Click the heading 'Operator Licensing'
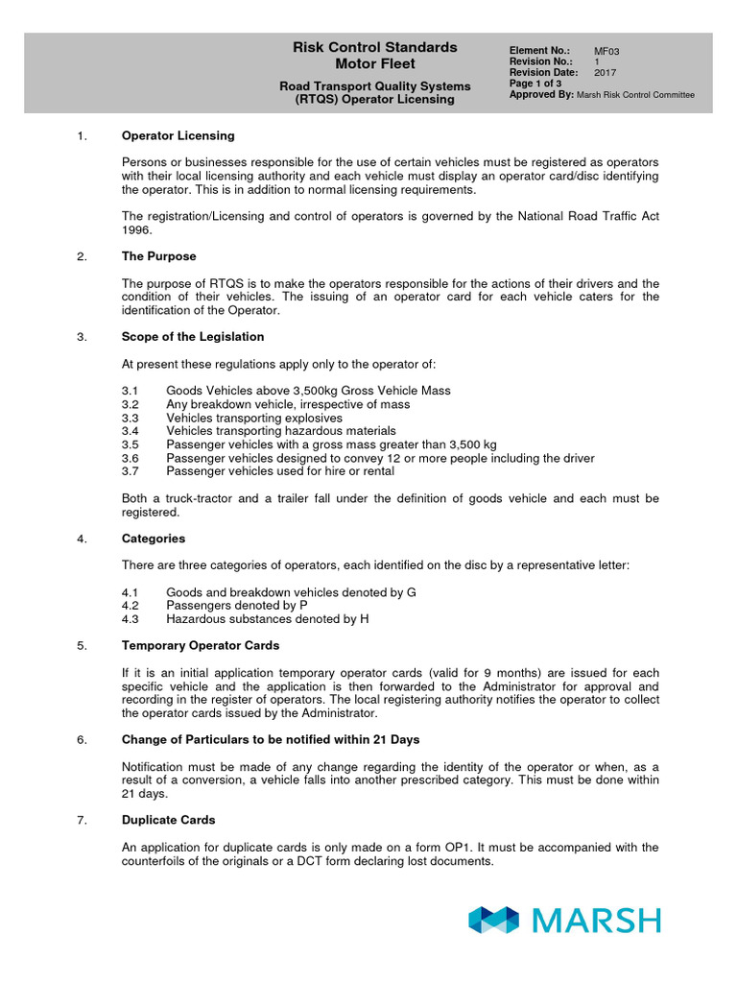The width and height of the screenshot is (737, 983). click(x=178, y=135)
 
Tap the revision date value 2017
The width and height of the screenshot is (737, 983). click(x=606, y=72)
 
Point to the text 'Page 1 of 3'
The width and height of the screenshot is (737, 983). click(x=535, y=84)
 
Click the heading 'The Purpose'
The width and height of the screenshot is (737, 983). click(x=158, y=256)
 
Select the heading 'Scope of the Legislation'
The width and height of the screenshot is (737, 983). click(x=192, y=337)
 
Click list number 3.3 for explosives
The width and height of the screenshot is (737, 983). click(x=131, y=418)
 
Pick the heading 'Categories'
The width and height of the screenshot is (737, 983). click(x=154, y=539)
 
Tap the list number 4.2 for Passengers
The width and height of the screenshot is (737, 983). click(x=131, y=606)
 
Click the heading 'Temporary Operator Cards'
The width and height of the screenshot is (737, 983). click(x=201, y=645)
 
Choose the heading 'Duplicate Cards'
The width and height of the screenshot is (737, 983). click(x=168, y=820)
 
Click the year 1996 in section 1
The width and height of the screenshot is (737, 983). click(x=137, y=230)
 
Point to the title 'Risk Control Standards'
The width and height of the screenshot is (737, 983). click(x=374, y=47)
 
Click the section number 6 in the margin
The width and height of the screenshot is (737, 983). click(x=81, y=739)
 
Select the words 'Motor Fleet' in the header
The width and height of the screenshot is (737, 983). click(x=374, y=64)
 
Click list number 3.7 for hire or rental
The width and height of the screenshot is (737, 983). click(x=131, y=471)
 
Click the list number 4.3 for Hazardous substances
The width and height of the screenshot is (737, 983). click(x=131, y=619)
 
